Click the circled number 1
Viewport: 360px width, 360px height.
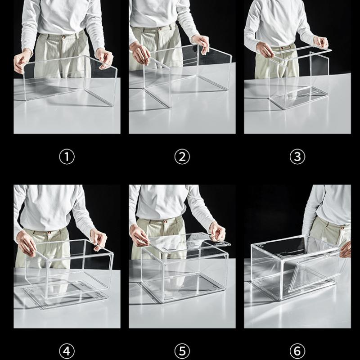[67, 157]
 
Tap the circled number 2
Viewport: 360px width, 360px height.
[182, 157]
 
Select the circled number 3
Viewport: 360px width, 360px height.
[297, 157]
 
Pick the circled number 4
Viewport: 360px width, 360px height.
[67, 351]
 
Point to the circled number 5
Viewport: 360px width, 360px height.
[182, 351]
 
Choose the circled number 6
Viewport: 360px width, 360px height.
[297, 351]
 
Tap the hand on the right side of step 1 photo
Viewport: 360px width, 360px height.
[104, 57]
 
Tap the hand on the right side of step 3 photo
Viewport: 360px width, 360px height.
[320, 42]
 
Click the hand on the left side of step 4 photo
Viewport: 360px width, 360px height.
[27, 244]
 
